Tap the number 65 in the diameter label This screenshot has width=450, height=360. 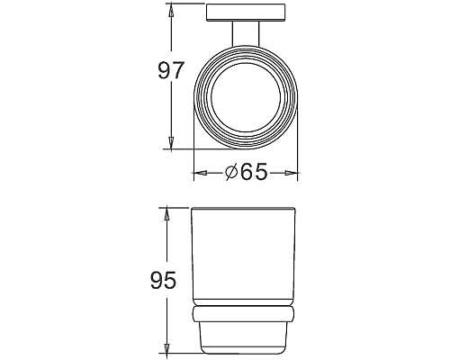pyautogui.click(x=254, y=172)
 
